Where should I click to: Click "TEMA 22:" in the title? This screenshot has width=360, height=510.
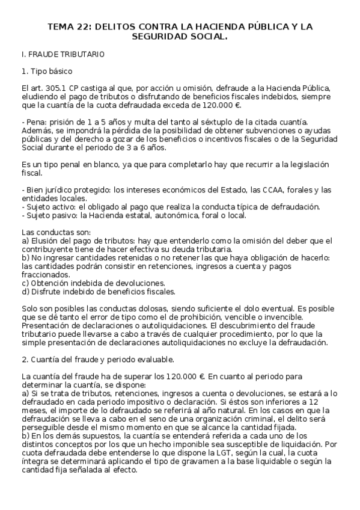70,26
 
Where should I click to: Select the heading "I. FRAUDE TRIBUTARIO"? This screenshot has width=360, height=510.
63,55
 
